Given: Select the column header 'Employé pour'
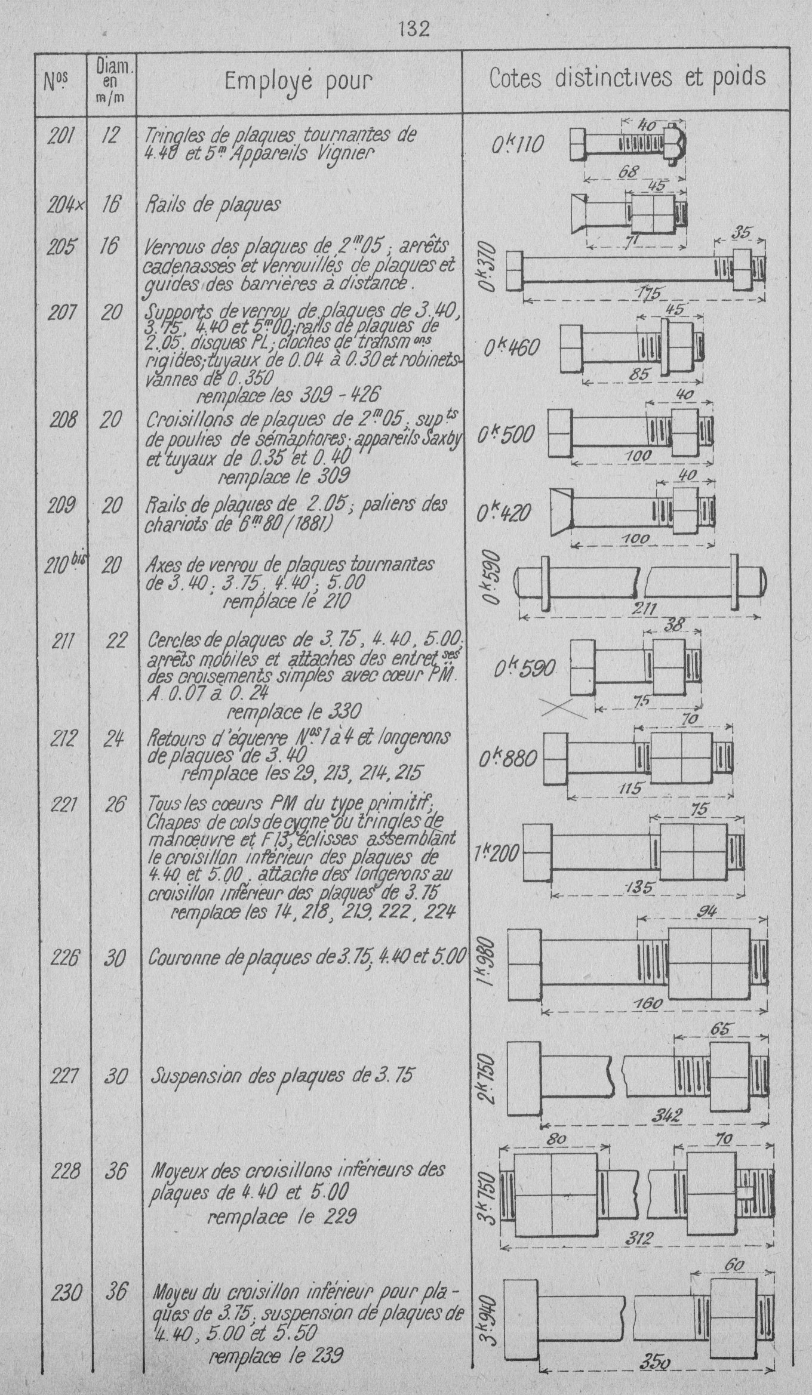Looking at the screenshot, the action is click(x=298, y=81).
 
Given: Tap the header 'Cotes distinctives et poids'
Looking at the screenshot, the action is click(x=627, y=78).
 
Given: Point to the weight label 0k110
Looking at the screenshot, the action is click(x=518, y=145).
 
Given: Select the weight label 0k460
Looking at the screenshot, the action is click(x=512, y=347).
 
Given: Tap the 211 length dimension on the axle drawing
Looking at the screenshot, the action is click(x=644, y=609).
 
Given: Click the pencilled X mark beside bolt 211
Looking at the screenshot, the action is click(x=563, y=708).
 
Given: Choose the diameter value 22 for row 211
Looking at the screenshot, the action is click(x=116, y=640).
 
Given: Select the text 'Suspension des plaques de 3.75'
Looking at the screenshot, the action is click(x=281, y=1076).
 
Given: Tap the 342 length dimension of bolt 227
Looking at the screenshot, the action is click(x=666, y=1116).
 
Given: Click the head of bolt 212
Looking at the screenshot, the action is click(x=554, y=757).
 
